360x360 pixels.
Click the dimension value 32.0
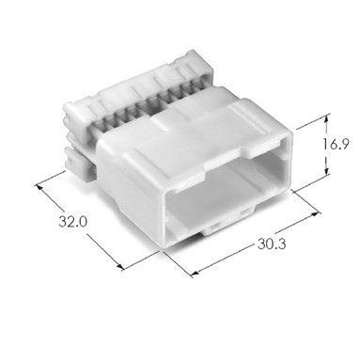[72, 222]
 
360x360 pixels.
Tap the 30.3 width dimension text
[272, 243]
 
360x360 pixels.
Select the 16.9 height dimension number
[335, 144]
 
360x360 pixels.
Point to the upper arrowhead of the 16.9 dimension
[326, 119]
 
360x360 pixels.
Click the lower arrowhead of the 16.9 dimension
[326, 171]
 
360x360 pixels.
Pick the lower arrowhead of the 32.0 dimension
[120, 266]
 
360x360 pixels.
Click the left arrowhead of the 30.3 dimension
[195, 274]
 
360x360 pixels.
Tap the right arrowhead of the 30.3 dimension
[314, 215]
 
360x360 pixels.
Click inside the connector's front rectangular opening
[226, 188]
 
